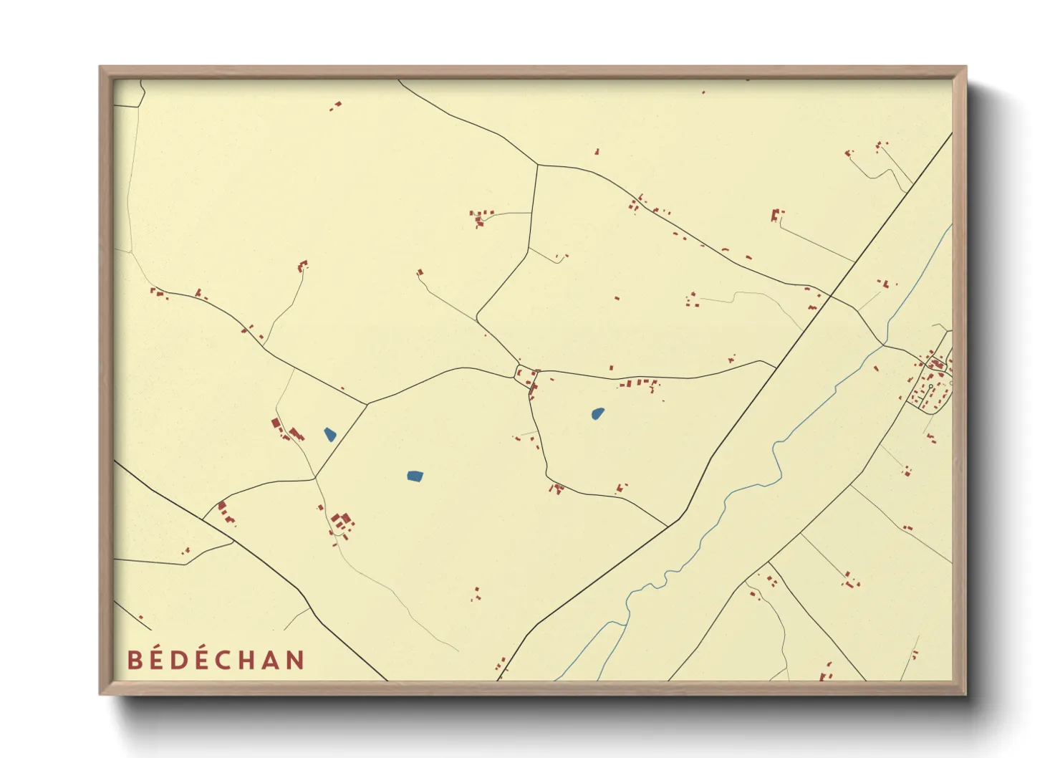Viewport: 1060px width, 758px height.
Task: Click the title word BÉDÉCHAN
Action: (x=216, y=660)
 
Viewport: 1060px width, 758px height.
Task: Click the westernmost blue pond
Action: (x=330, y=434)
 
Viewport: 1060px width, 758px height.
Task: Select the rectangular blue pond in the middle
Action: (x=415, y=476)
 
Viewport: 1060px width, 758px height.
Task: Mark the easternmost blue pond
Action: (x=597, y=413)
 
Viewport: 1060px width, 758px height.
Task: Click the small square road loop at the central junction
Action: (x=526, y=374)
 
